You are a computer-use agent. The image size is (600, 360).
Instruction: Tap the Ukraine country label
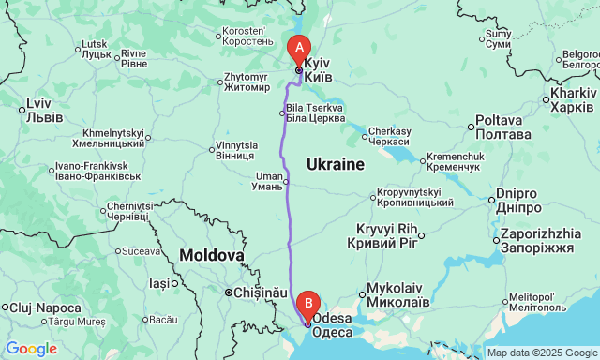(x=335, y=165)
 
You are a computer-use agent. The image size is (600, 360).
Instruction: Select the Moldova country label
(x=212, y=254)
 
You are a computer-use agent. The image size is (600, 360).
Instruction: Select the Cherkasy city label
(x=390, y=136)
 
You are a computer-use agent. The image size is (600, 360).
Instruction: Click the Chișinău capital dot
(x=228, y=292)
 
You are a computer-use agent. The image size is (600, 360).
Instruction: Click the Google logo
(x=31, y=349)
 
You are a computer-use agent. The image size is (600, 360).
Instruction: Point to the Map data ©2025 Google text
(x=541, y=352)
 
